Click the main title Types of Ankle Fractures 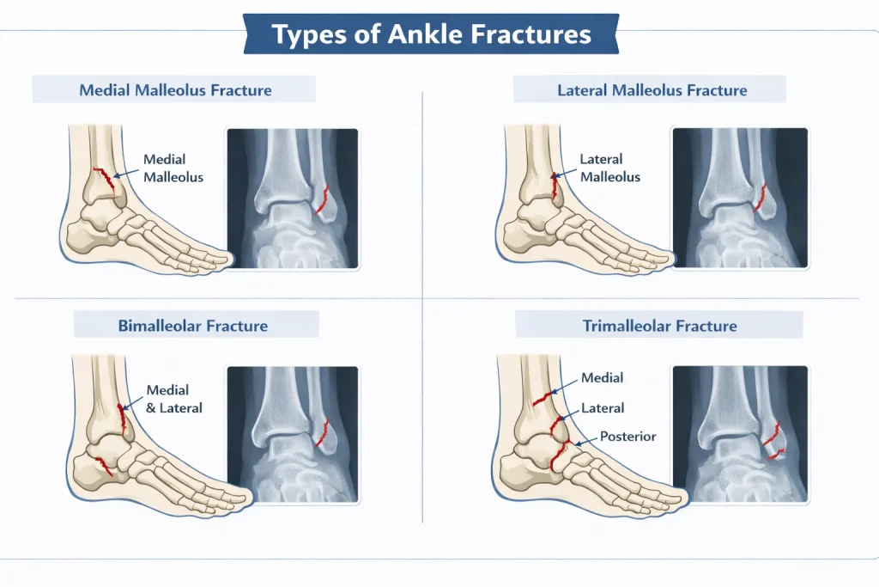pyautogui.click(x=431, y=34)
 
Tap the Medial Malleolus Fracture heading pyautogui.click(x=175, y=89)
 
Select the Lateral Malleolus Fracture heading pyautogui.click(x=652, y=89)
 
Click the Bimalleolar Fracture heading pyautogui.click(x=193, y=326)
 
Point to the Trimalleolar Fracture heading pyautogui.click(x=660, y=326)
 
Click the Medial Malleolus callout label pyautogui.click(x=173, y=168)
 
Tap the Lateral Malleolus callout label pyautogui.click(x=610, y=168)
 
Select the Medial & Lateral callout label pyautogui.click(x=173, y=399)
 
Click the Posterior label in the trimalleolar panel pyautogui.click(x=627, y=436)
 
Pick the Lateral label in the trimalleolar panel pyautogui.click(x=603, y=408)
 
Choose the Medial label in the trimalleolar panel pyautogui.click(x=602, y=377)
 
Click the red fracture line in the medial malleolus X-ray pyautogui.click(x=322, y=199)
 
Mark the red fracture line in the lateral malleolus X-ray pyautogui.click(x=761, y=197)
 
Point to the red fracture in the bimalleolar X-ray pyautogui.click(x=323, y=432)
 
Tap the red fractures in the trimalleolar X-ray pyautogui.click(x=774, y=442)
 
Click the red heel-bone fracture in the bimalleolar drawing pyautogui.click(x=103, y=466)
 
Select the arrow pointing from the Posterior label pyautogui.click(x=585, y=442)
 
